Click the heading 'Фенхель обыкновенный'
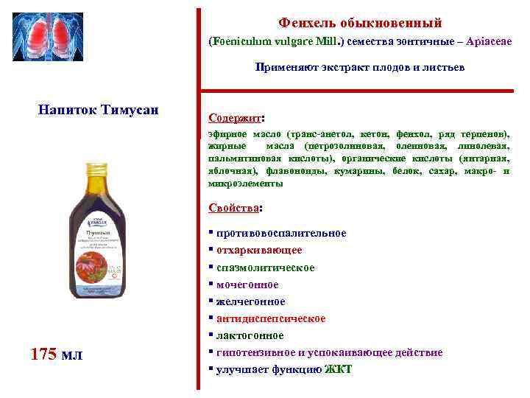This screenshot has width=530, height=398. tap(360, 24)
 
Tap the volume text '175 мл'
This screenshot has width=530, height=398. tap(57, 355)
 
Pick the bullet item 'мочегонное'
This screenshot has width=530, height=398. tap(247, 284)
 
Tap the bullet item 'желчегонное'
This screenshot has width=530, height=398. tap(250, 301)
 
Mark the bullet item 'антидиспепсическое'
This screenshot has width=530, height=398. tap(271, 318)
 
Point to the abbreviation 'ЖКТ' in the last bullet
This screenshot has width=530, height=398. tap(338, 369)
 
